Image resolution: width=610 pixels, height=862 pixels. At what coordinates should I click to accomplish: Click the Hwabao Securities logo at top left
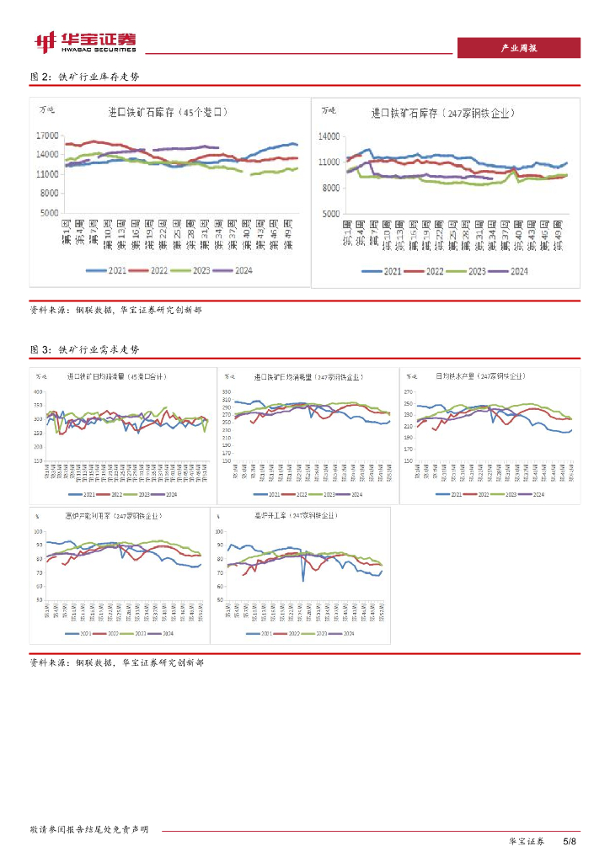pos(84,42)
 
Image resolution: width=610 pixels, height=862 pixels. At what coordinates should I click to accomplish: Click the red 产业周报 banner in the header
pos(518,48)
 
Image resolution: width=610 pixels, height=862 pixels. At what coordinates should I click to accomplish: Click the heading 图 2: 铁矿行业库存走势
pos(84,77)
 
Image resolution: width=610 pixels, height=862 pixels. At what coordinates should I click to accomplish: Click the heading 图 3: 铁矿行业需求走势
pos(84,349)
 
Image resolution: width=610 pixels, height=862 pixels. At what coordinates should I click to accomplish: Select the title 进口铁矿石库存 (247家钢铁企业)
pos(443,112)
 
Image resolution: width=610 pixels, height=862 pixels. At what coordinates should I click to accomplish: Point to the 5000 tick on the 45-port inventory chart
pos(51,213)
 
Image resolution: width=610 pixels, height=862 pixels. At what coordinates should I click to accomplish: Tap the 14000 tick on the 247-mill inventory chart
pos(329,136)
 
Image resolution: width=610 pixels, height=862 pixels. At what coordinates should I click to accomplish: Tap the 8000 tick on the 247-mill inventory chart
pos(331,187)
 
